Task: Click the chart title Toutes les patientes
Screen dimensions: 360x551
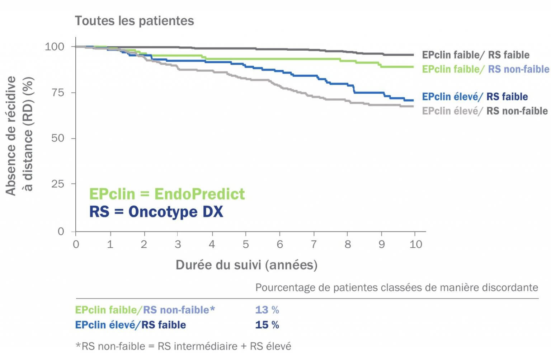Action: point(134,21)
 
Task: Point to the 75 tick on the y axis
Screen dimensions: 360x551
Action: point(58,93)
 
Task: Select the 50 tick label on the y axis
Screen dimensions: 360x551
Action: point(58,138)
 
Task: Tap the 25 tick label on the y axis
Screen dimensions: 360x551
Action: point(58,184)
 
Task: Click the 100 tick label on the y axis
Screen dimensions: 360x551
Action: point(54,47)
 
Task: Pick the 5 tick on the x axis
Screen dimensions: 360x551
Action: point(246,244)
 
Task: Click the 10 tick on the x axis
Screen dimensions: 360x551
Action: point(416,244)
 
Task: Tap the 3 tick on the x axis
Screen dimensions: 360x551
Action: point(178,244)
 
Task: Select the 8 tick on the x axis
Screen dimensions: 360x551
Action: point(347,244)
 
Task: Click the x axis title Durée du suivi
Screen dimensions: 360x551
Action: point(246,265)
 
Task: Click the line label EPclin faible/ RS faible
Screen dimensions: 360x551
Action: point(475,55)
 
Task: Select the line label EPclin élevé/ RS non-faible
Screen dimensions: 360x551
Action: point(485,111)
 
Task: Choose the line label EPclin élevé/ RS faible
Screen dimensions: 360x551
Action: point(475,97)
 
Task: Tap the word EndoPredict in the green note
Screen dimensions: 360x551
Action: point(199,194)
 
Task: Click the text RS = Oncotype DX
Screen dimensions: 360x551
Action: point(156,211)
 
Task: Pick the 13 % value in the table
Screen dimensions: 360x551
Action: point(267,310)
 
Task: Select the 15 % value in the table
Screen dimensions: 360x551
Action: point(267,325)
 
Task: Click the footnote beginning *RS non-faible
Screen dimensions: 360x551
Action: point(183,346)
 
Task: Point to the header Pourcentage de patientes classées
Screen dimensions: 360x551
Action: point(396,287)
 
